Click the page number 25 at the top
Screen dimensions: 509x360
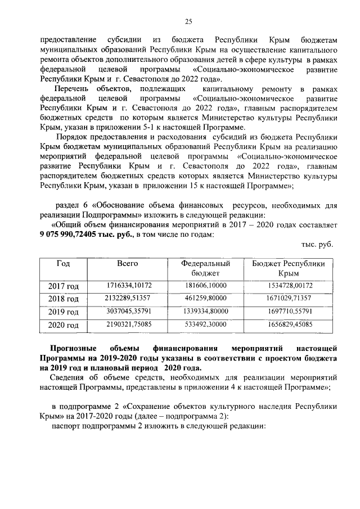188,22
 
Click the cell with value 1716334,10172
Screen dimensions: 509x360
129,286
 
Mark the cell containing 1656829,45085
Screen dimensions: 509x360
289,324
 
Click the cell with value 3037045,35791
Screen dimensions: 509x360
129,311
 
